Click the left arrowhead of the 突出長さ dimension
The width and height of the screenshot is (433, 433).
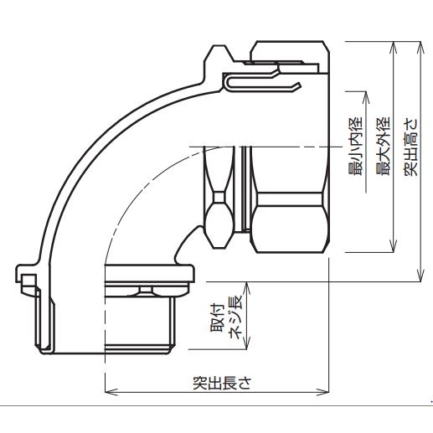click(108, 391)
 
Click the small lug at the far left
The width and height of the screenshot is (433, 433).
click(26, 276)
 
